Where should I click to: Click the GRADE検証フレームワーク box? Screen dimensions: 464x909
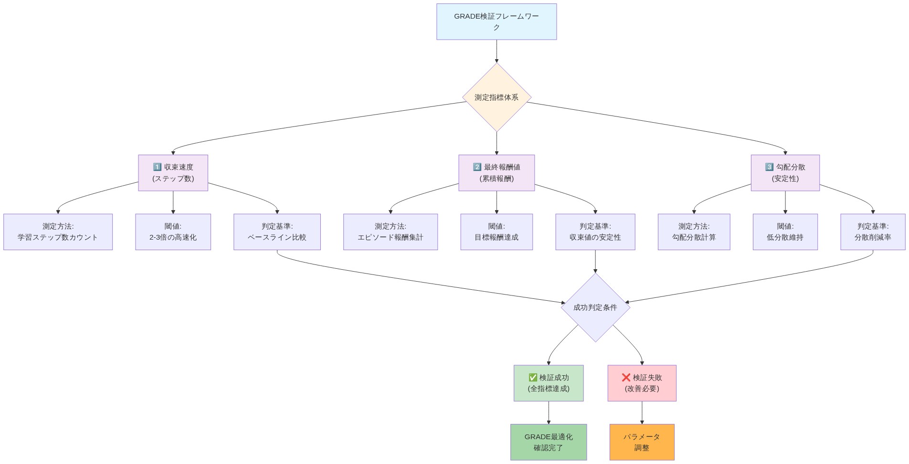point(497,21)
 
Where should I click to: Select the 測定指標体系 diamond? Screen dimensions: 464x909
point(497,97)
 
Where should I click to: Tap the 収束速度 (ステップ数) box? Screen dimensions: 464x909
point(173,173)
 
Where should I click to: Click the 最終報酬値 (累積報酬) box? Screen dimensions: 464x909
point(497,173)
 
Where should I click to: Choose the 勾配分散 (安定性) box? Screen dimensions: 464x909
point(785,173)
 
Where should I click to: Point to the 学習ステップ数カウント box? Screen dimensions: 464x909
point(58,232)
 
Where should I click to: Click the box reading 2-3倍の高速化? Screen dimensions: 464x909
point(173,232)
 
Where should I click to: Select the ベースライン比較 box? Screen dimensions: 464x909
point(277,232)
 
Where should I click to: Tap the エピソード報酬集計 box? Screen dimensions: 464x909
point(391,232)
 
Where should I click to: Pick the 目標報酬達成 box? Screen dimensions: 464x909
point(497,232)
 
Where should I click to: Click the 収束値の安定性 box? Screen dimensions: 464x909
point(595,232)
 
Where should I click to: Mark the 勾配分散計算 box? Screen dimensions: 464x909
point(694,232)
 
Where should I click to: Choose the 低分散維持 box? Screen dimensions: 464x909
point(785,232)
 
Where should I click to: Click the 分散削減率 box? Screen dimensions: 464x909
point(873,232)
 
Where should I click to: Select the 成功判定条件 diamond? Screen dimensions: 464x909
point(595,307)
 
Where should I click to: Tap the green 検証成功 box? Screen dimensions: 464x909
point(549,383)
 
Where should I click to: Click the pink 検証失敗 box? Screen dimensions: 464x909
point(642,383)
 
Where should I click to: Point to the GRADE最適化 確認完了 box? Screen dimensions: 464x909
point(549,442)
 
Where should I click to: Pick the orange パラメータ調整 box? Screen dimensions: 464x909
point(642,442)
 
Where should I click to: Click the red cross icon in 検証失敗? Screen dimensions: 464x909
point(626,378)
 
